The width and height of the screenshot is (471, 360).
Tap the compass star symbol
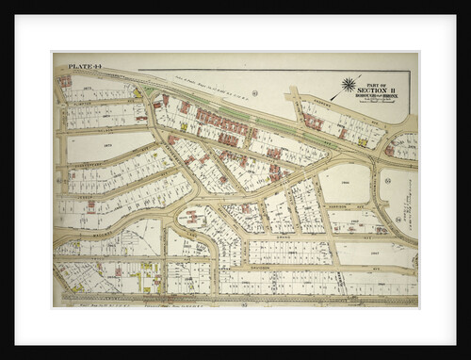click(349, 85)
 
